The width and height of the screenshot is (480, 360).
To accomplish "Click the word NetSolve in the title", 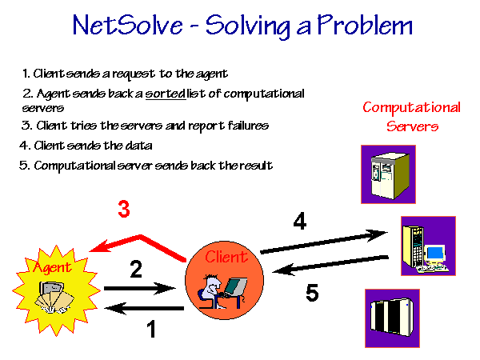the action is [x=128, y=25].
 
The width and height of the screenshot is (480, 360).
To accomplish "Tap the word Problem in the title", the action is [x=365, y=25].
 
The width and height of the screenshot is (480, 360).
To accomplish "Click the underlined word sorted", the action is [x=166, y=94].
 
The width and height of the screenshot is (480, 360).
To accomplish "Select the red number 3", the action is [x=124, y=209].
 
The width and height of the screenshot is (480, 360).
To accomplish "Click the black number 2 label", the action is [x=136, y=269].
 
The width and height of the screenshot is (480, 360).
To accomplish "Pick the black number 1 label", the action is [x=151, y=329].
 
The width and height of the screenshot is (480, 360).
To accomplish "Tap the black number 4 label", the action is [x=300, y=221].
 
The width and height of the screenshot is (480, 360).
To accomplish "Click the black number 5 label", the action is [x=312, y=293].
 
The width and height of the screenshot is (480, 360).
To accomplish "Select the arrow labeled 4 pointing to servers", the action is [x=324, y=242].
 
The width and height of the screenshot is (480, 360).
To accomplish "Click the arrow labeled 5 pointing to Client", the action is [x=330, y=265].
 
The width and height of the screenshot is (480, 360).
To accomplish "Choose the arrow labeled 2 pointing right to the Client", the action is [x=140, y=288].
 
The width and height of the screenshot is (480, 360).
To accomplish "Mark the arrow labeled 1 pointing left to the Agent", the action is [x=144, y=308].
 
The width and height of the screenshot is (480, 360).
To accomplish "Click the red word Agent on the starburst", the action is [x=52, y=267].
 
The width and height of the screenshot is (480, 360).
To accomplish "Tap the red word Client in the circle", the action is [x=226, y=257].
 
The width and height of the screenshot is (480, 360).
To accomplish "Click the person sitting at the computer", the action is [x=210, y=292].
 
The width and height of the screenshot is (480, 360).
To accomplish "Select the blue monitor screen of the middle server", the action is [x=435, y=253].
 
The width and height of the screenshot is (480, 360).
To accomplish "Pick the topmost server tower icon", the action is [x=388, y=174].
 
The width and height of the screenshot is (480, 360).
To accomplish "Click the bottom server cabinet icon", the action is [x=392, y=318].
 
